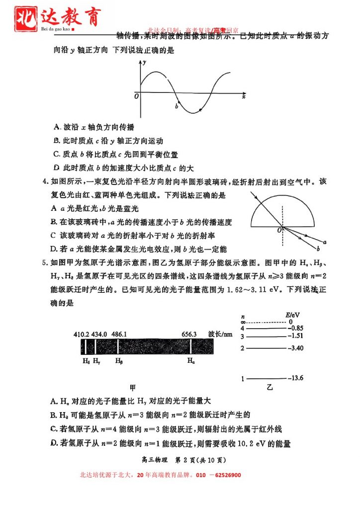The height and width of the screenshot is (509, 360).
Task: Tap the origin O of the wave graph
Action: [137, 96]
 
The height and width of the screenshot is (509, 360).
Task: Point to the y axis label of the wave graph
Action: [145, 64]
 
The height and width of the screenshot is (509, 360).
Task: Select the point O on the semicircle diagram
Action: [279, 230]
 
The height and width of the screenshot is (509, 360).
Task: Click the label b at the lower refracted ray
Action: [318, 248]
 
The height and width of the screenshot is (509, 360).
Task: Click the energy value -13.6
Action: [296, 378]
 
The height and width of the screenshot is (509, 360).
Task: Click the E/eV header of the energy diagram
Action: [292, 316]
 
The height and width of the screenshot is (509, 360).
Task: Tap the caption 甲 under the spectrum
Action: [132, 386]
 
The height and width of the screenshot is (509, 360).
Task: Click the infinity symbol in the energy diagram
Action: [243, 322]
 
